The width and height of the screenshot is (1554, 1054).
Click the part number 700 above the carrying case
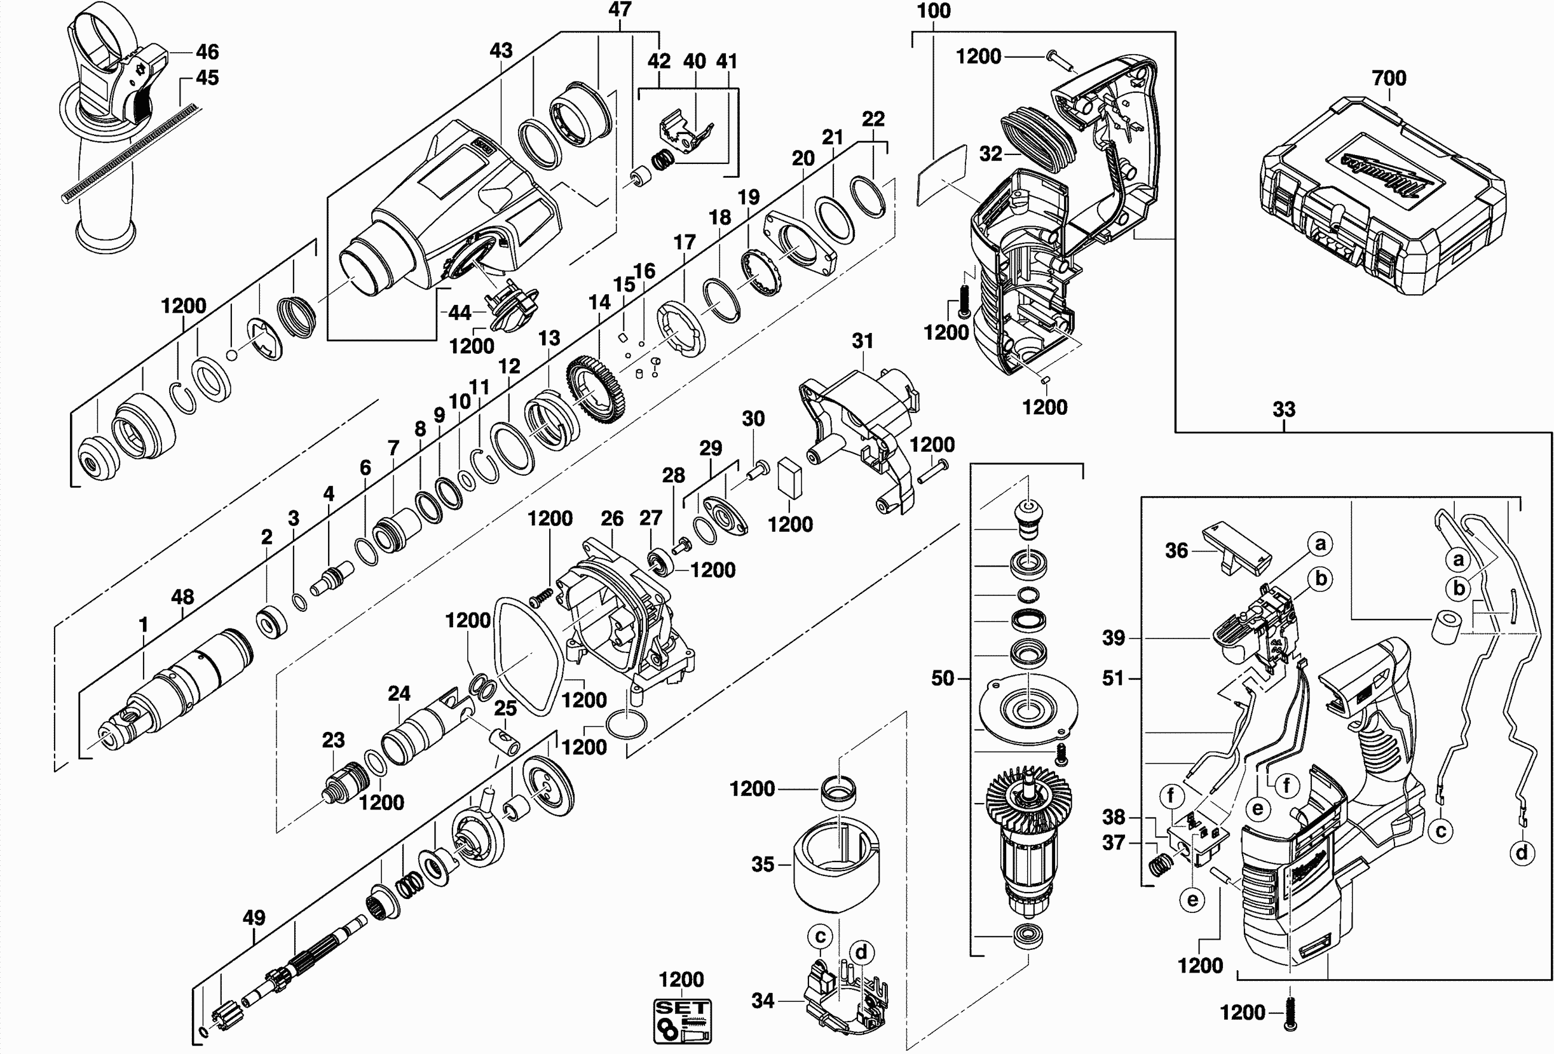(1389, 78)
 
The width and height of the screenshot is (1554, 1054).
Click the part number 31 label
(862, 341)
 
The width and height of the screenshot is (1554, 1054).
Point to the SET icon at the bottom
(682, 1020)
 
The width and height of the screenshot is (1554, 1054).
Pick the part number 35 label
(763, 864)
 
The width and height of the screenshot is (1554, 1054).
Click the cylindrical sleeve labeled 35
(836, 862)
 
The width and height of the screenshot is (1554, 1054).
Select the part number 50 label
(943, 679)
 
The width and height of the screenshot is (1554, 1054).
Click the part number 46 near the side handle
(207, 51)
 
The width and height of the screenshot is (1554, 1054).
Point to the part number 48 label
(182, 596)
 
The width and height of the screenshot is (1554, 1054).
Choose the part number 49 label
(254, 917)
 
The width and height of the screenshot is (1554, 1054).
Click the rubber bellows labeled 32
(1036, 145)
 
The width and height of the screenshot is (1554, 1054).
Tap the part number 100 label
(934, 11)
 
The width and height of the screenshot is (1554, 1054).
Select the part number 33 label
(1283, 409)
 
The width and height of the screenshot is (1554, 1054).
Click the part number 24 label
(399, 693)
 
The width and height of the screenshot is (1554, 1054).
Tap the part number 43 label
(501, 50)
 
